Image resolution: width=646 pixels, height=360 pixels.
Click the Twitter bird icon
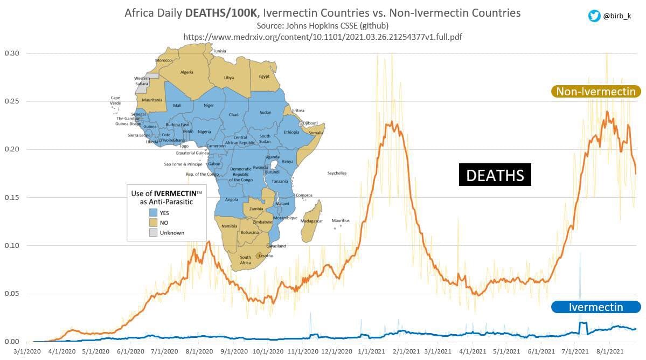pos(594,16)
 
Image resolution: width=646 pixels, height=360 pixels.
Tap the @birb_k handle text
pos(620,16)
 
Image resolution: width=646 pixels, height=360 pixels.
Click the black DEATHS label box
pos(495,175)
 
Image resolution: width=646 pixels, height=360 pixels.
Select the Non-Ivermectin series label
pos(595,92)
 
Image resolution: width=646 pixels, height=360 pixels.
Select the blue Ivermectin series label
pos(595,307)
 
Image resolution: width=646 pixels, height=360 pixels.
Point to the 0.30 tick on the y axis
pos(12,53)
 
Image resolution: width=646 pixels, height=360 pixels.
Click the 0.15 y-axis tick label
pos(12,198)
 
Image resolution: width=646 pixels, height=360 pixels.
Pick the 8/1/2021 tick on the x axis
pos(610,351)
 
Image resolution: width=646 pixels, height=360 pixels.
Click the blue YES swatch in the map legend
pos(154,213)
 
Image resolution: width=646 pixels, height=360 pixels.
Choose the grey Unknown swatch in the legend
pos(154,232)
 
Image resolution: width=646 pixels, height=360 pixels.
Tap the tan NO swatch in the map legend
pos(154,223)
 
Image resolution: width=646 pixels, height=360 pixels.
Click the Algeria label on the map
pos(186,72)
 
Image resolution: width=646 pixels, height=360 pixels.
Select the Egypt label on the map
pos(264,77)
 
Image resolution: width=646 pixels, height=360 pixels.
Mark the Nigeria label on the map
pos(204,131)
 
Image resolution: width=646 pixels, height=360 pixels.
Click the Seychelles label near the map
pos(337,173)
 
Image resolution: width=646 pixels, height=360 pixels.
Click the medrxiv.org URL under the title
pos(322,37)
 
